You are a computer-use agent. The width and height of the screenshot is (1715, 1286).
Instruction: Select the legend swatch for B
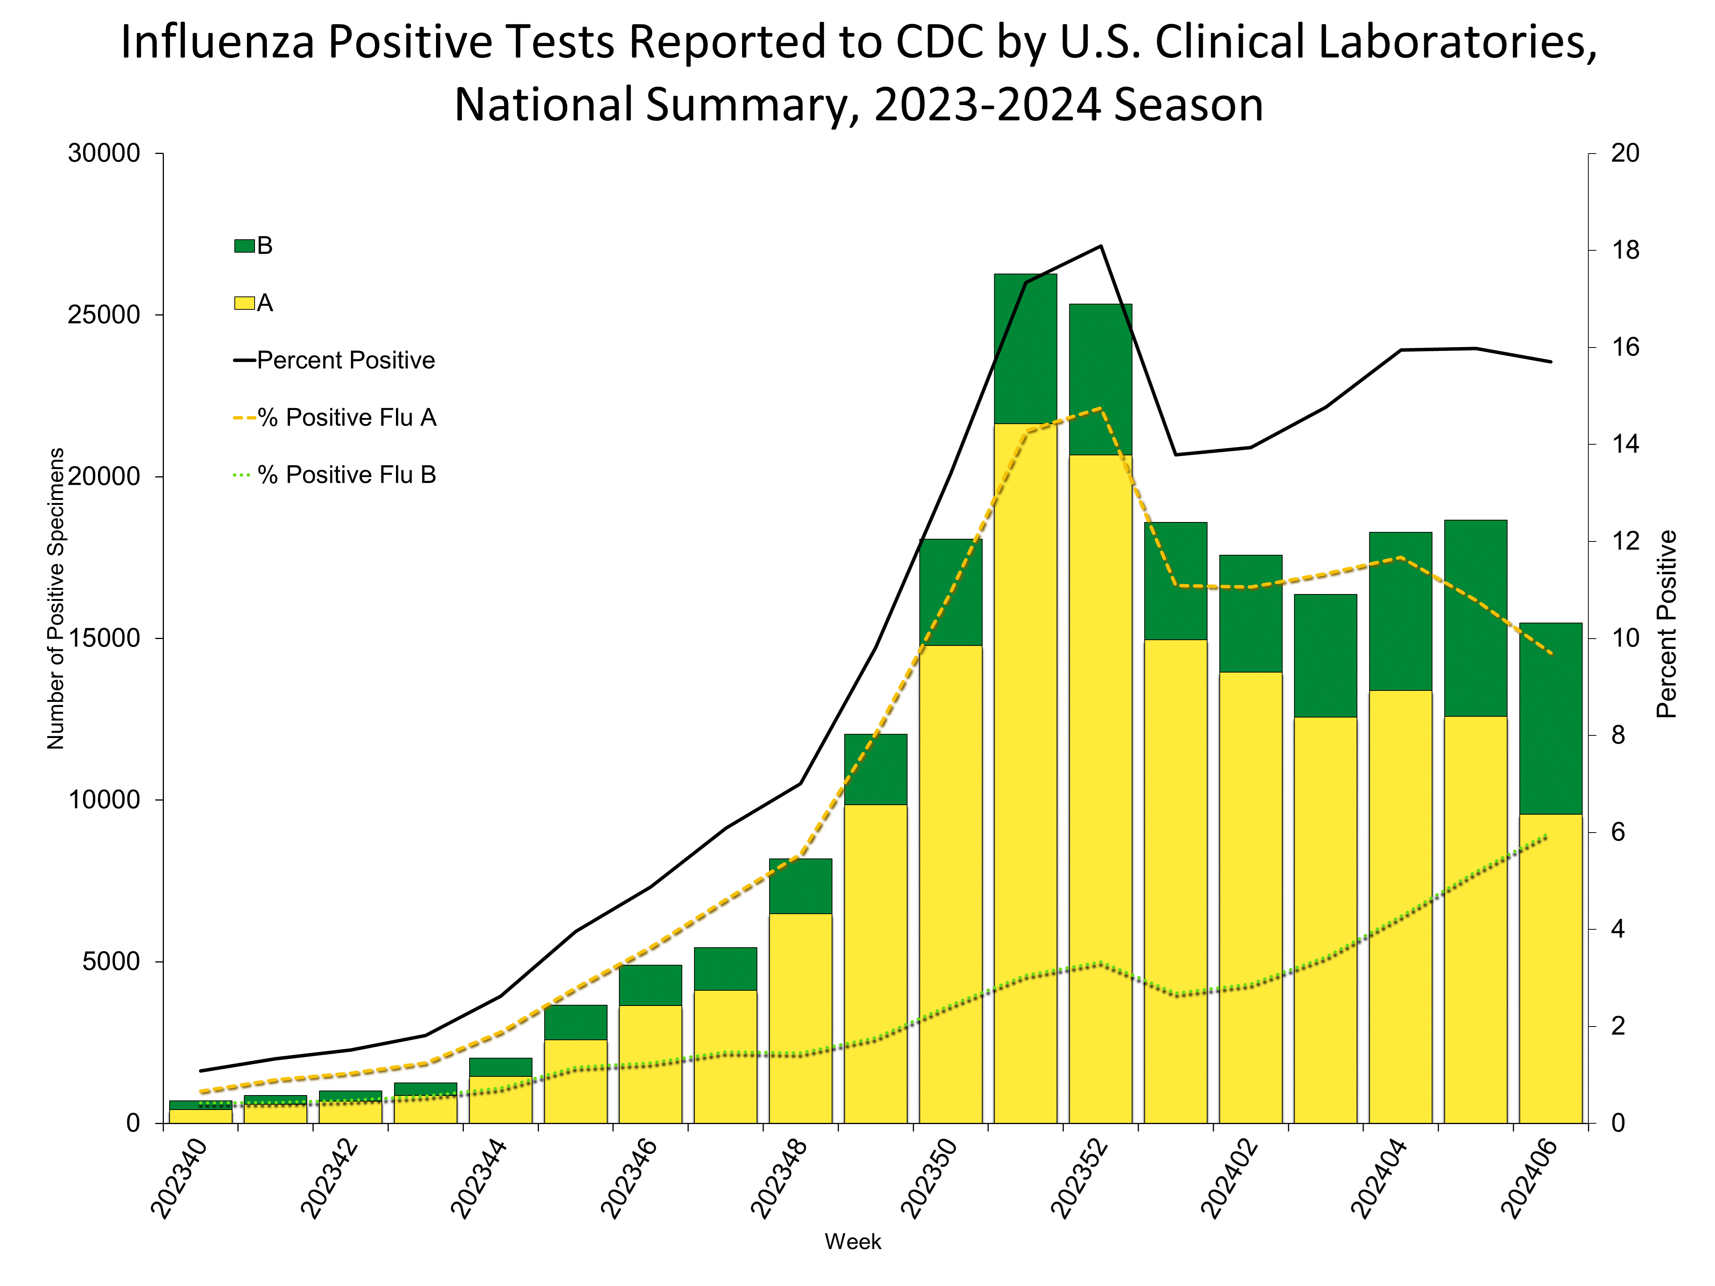click(x=244, y=246)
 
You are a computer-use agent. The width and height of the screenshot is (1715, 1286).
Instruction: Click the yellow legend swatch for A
click(x=244, y=303)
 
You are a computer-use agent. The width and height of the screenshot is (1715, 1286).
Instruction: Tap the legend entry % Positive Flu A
click(x=346, y=418)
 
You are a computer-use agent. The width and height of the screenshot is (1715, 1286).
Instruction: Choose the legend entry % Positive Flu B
click(x=346, y=474)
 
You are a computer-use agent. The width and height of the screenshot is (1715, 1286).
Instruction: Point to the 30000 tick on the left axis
click(x=104, y=154)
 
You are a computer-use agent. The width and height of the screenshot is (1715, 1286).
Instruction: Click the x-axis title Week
click(x=853, y=1242)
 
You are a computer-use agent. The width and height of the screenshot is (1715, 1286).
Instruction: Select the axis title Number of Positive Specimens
click(x=56, y=599)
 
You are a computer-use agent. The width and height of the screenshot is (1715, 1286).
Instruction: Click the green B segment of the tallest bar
click(x=1025, y=349)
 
